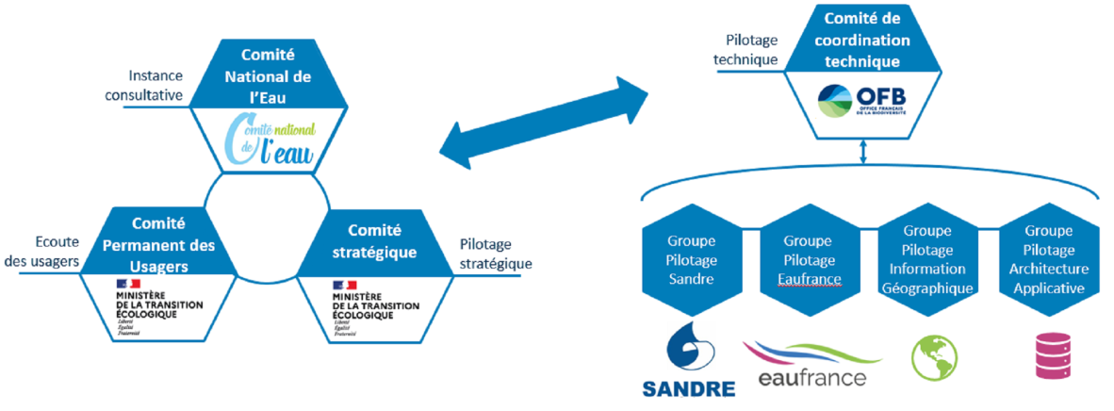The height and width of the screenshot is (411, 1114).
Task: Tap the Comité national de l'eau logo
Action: (x=268, y=140)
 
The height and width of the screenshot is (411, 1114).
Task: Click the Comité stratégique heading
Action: (x=374, y=241)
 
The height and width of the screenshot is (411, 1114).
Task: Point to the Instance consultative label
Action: (x=157, y=84)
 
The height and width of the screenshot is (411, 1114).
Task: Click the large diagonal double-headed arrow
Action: (x=545, y=121)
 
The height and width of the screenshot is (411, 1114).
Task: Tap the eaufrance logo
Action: (x=811, y=365)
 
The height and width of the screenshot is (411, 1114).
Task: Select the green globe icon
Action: (x=934, y=355)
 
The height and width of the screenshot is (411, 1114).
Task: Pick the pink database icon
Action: (x=1049, y=356)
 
